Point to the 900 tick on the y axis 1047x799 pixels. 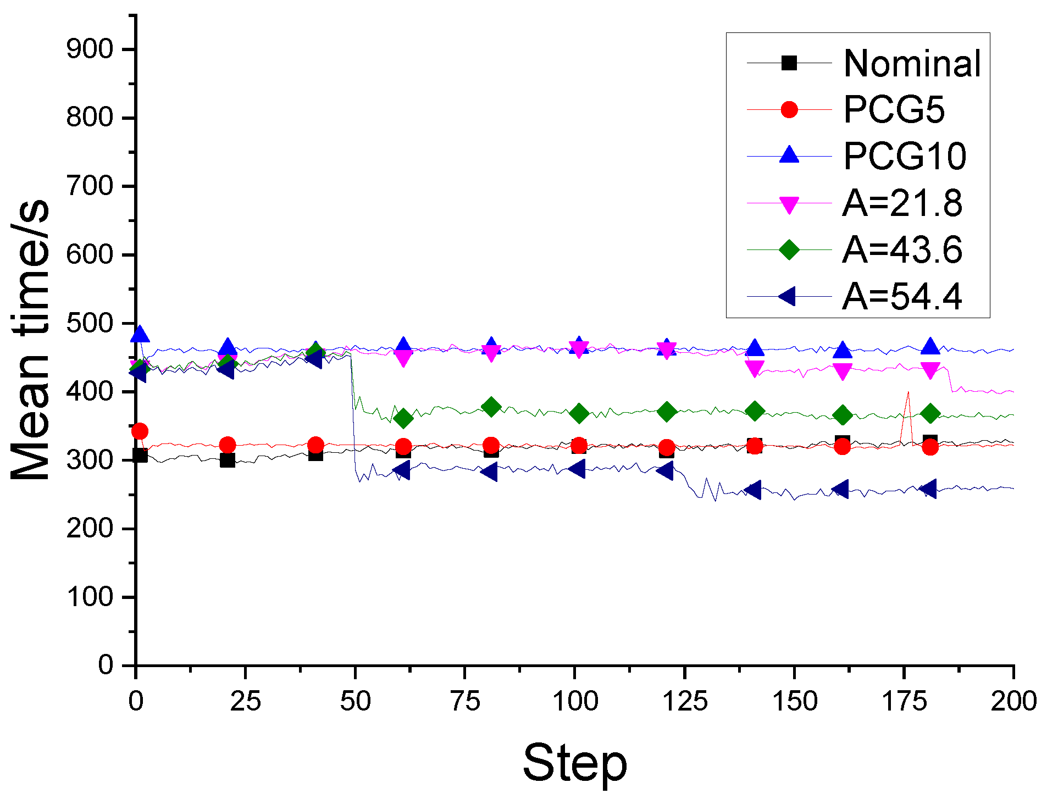pos(90,49)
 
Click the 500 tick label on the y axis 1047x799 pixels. pos(90,323)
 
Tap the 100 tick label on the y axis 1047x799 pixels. pos(90,597)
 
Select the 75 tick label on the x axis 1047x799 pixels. pos(465,701)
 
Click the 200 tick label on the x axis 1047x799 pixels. pos(1013,701)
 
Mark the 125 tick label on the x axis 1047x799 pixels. pos(684,701)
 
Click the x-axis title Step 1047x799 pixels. pos(574,763)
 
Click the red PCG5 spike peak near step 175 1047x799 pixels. pos(908,392)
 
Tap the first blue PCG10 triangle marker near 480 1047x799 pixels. pos(140,334)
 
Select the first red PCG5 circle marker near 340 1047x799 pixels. pos(140,431)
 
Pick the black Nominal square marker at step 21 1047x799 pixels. pos(228,460)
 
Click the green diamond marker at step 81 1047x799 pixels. pos(491,407)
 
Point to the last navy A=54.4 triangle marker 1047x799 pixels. pos(929,489)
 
